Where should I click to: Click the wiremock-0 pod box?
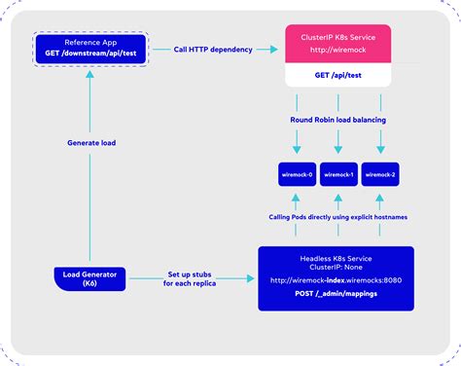(298, 175)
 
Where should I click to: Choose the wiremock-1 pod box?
(339, 175)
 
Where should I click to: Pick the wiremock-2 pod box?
(380, 175)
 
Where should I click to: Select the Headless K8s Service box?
(336, 278)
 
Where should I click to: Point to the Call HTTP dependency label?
(215, 49)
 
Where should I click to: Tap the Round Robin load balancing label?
(338, 121)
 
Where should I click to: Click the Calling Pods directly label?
(338, 217)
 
